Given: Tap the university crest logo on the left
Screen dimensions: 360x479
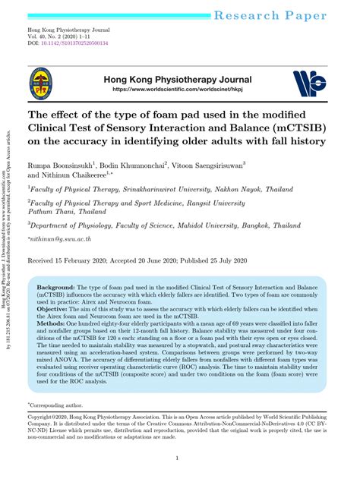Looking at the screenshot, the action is click(40, 85).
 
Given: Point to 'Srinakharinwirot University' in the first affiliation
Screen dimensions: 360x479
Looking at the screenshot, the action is click(177, 191).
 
